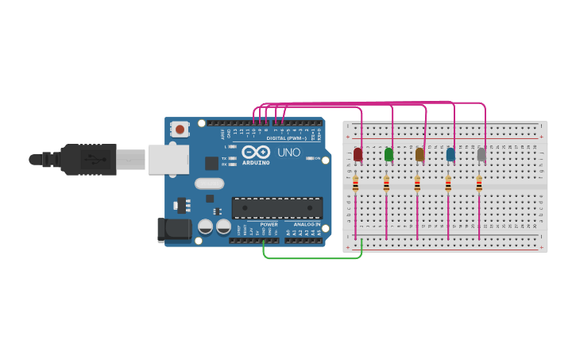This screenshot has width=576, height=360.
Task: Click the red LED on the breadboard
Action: tap(358, 153)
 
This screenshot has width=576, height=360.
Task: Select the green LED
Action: tap(389, 154)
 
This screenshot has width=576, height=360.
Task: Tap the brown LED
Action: tap(419, 154)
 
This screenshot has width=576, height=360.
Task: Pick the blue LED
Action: tap(450, 154)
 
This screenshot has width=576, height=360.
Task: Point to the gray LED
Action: tap(481, 154)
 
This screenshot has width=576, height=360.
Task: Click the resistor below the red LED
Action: tap(355, 184)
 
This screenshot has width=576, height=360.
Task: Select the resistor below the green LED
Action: tap(386, 184)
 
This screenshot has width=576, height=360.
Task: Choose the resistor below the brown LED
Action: tap(417, 184)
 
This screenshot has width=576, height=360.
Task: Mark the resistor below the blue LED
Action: tap(448, 184)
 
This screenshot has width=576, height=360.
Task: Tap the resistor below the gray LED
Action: tap(479, 184)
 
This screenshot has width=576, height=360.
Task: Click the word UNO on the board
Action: tap(288, 152)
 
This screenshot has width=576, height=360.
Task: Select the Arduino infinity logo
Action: tap(256, 152)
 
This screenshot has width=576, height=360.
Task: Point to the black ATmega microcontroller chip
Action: tap(277, 207)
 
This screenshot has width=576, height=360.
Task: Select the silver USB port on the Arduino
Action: tap(168, 159)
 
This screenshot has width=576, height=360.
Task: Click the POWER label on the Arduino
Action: tap(269, 224)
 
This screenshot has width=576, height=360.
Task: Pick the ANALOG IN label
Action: tap(307, 224)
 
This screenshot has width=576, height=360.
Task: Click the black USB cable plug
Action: tap(87, 159)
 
